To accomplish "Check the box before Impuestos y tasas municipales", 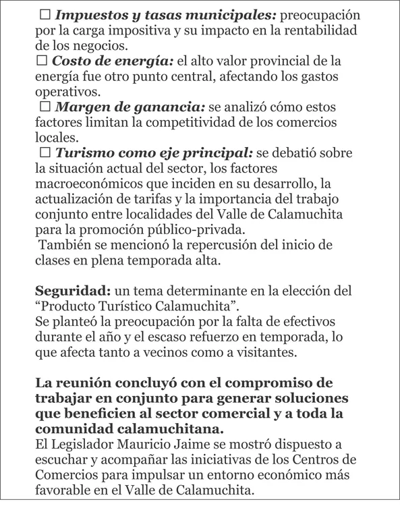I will [45, 13].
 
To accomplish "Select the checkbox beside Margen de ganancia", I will [45, 107].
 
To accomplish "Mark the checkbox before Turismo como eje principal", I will [45, 153].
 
